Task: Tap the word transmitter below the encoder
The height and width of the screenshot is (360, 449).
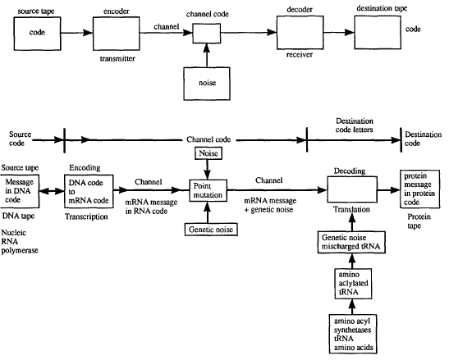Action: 117,59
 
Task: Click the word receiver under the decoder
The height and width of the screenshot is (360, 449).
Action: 300,54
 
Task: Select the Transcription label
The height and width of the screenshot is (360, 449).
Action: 86,216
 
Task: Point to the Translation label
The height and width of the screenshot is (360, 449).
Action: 351,209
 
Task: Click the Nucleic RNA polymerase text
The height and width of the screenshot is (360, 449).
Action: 20,242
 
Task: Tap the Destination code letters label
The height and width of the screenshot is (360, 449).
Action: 355,125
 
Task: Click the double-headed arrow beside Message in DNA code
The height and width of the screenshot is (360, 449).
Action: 52,191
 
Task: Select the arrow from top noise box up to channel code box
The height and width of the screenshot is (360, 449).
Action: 207,55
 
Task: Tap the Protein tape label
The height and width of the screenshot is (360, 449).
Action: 419,221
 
